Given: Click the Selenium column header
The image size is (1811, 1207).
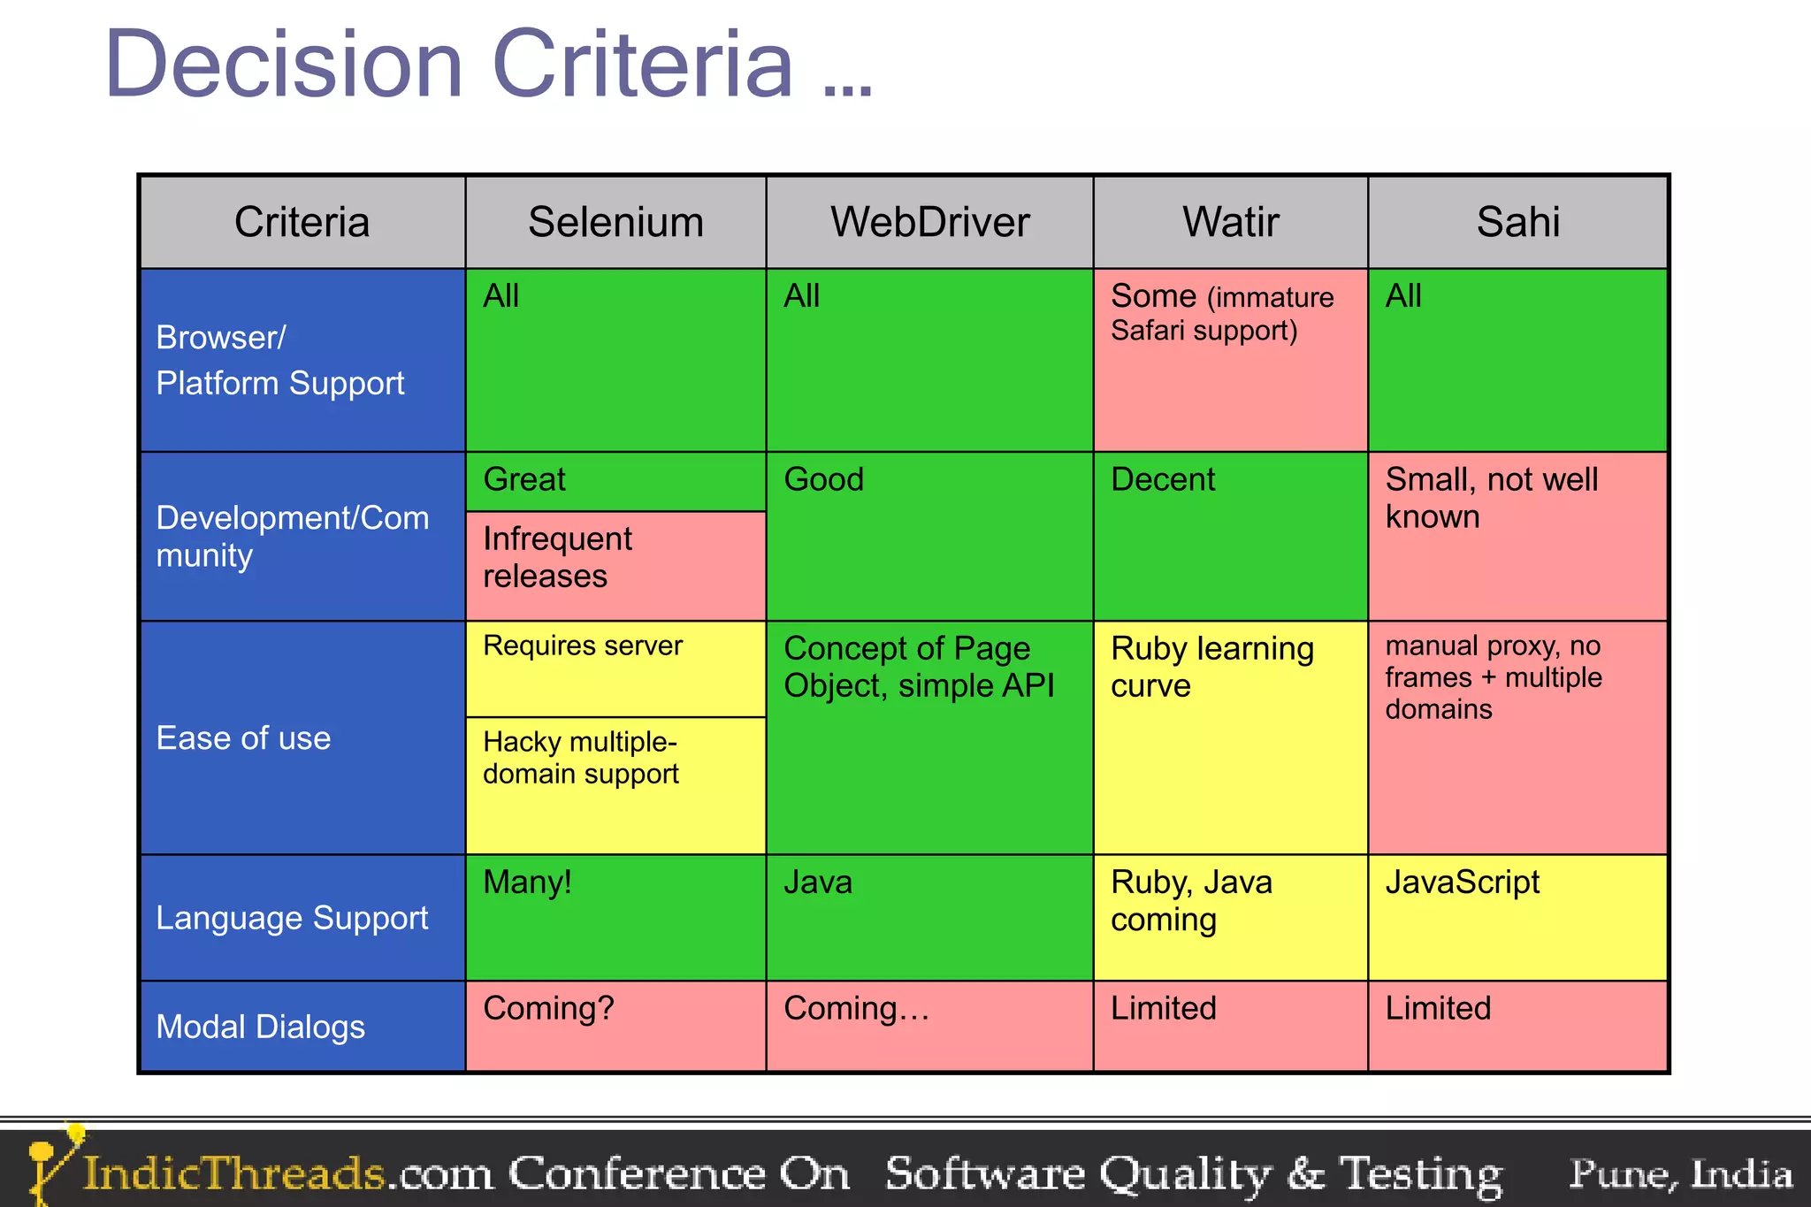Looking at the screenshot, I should (615, 222).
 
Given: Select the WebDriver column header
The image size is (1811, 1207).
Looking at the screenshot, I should (929, 222).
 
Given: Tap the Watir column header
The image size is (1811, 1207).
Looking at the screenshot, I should (1231, 222).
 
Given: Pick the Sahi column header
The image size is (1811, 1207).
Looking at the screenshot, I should (1517, 222).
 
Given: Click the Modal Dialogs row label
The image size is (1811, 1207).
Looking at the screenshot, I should (260, 1027).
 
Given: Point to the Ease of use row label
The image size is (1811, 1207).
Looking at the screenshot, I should (243, 737).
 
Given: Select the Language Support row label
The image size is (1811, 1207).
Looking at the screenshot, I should (292, 918).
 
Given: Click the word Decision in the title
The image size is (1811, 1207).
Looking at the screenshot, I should (284, 64).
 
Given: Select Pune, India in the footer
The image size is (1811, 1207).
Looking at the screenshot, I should (1680, 1174).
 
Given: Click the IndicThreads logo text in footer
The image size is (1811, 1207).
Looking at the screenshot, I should (234, 1174).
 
